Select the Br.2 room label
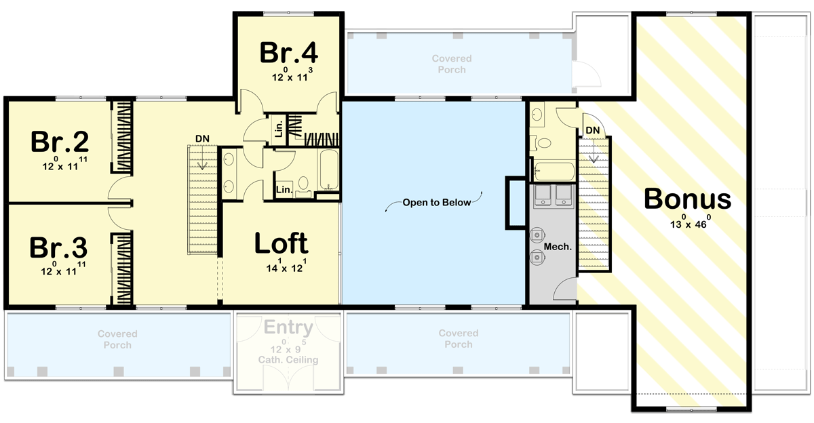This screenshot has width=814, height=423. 60,142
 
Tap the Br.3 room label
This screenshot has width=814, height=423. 60,247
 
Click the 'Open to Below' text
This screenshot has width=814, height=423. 436,202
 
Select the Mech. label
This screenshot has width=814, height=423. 558,247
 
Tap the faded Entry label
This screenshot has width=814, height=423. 289,329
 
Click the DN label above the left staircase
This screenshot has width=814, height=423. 202,139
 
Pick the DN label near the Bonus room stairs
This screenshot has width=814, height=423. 592,130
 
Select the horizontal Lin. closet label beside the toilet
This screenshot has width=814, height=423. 284,191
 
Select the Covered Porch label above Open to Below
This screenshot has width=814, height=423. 451,64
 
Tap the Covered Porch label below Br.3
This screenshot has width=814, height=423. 117,340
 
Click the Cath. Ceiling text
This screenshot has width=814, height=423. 290,360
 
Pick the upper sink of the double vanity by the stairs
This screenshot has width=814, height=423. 229,161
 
